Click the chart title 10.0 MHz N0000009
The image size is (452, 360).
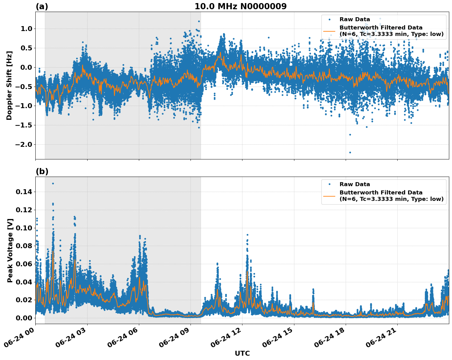[240, 6]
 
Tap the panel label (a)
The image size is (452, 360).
[42, 6]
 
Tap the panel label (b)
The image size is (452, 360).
[42, 171]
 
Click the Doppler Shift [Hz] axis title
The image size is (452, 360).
[9, 85]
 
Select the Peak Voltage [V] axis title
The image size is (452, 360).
[10, 250]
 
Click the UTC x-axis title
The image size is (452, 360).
[242, 353]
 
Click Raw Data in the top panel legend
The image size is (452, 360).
[355, 19]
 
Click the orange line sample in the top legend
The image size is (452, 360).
[329, 31]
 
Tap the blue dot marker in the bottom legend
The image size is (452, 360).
[329, 184]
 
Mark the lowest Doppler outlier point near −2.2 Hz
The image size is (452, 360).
[350, 152]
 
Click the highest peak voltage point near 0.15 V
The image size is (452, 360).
[53, 183]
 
